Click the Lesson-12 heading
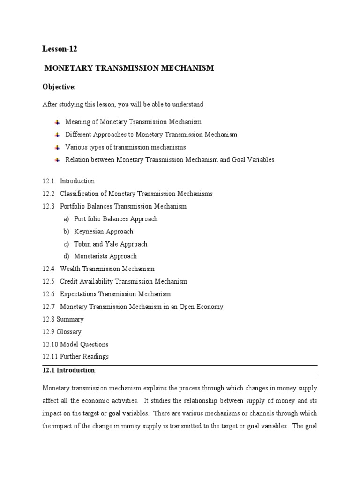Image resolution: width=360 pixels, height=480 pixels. tap(59, 49)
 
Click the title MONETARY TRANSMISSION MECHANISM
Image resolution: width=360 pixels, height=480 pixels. tap(129, 68)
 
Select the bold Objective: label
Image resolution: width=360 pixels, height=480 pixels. tap(59, 87)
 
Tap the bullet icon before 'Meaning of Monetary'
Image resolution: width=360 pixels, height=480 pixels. tap(57, 122)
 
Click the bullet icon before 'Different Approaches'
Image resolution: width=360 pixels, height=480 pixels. tap(57, 135)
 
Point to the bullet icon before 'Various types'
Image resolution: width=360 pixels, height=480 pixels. tap(57, 147)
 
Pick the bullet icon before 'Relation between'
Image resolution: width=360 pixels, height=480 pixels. tap(57, 160)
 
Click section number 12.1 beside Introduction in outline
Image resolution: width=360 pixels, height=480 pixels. tap(49, 181)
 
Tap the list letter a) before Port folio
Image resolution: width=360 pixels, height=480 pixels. tap(66, 219)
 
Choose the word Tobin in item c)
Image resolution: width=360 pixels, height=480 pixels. tap(83, 244)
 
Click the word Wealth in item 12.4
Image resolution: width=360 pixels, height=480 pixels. tap(70, 269)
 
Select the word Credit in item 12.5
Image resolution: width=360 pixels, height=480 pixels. tap(69, 282)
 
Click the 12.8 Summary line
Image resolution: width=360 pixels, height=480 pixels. tap(63, 319)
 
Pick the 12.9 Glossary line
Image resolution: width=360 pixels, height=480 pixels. tap(62, 332)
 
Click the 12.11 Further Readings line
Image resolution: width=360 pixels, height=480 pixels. tap(75, 357)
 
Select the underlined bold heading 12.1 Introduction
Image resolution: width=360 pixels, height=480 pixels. tap(69, 370)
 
